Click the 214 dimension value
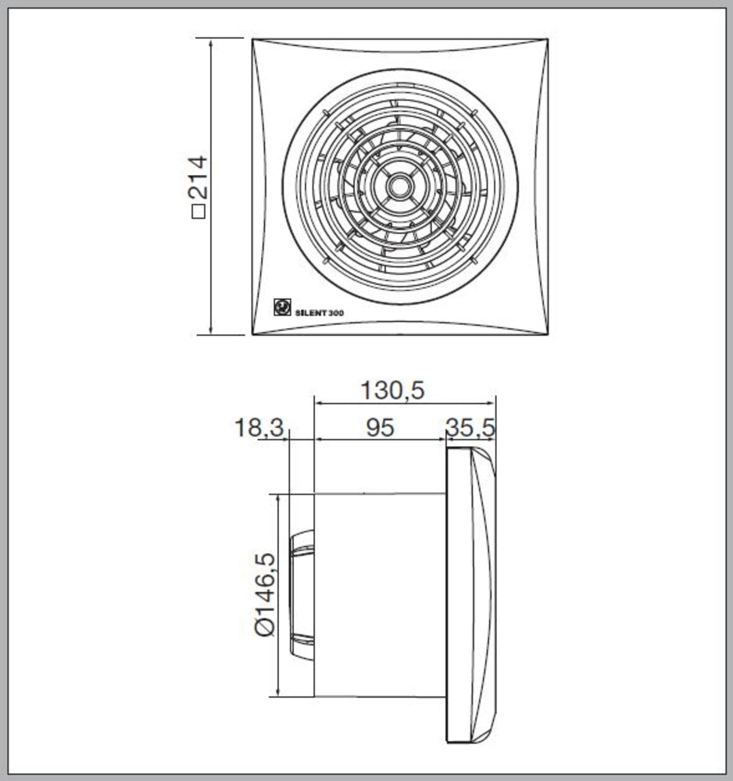[x=198, y=177]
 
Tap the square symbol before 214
[x=198, y=211]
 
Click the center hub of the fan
[x=400, y=187]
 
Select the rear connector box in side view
[x=301, y=594]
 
